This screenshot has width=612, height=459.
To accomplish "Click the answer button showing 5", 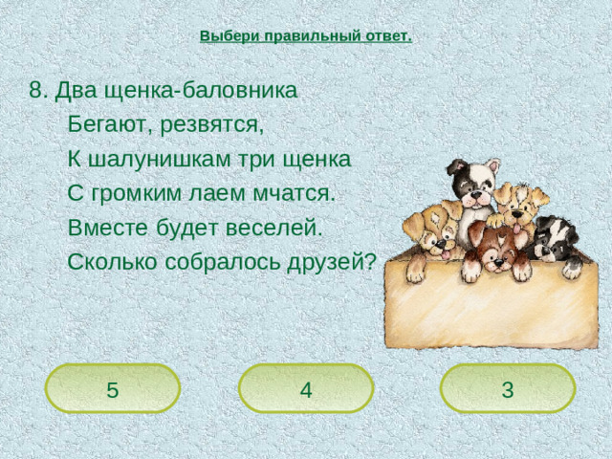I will coord(113,389).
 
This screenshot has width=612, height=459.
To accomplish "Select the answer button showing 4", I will coord(305,389).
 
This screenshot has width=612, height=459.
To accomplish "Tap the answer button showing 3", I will coord(507,389).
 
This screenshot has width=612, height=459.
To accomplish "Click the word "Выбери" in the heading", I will coord(224,36).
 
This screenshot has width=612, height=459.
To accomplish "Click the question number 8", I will coord(37,90).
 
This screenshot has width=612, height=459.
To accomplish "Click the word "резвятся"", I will coord(211,125).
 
